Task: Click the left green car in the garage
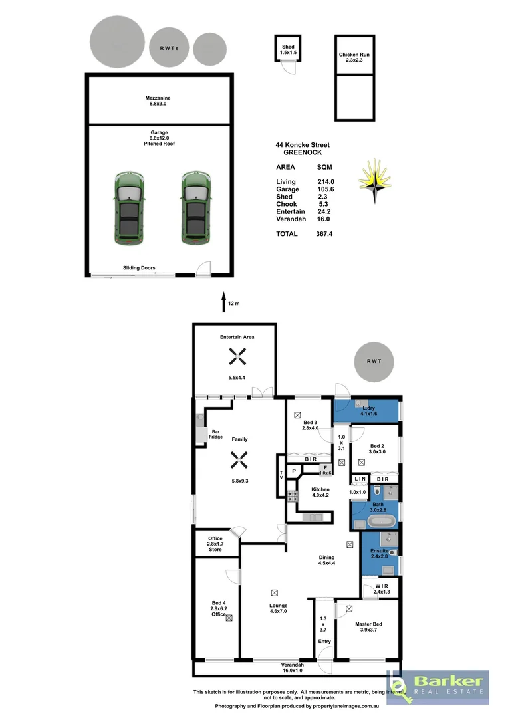128,207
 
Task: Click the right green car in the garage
195,207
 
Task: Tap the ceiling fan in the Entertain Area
237,358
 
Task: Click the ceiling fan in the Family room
237,459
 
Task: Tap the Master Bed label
368,627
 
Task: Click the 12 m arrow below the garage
223,302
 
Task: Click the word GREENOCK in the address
303,152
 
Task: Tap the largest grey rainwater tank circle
117,40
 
